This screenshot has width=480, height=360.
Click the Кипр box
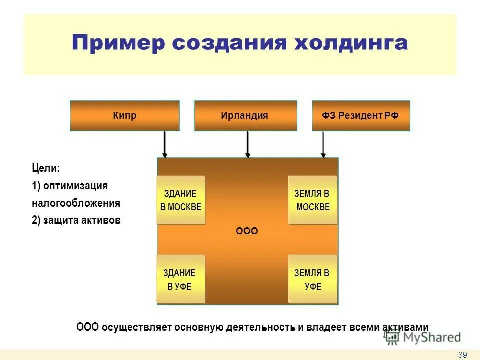coord(124,116)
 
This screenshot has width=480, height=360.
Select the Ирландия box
coord(245,116)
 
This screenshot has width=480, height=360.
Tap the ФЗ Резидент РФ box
coord(361,116)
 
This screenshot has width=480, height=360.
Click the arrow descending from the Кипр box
coord(164,144)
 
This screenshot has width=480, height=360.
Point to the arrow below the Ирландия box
coord(247,144)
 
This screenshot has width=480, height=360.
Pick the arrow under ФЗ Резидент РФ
coord(323,144)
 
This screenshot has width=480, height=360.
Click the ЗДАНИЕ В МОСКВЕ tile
coord(180,200)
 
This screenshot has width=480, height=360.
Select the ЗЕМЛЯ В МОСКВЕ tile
coord(312,200)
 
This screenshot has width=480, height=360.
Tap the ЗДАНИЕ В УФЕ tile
coord(180,279)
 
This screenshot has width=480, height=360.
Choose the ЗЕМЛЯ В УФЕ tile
coord(312,279)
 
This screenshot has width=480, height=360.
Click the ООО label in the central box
coord(247,231)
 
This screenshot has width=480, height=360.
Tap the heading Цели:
coord(46,168)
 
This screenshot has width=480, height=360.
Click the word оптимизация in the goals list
coord(75,186)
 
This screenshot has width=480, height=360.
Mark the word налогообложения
coord(76,203)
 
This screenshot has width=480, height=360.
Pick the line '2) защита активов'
coord(76,220)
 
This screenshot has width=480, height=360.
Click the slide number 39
coord(462,355)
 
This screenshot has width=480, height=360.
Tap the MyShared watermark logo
coord(423,337)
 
